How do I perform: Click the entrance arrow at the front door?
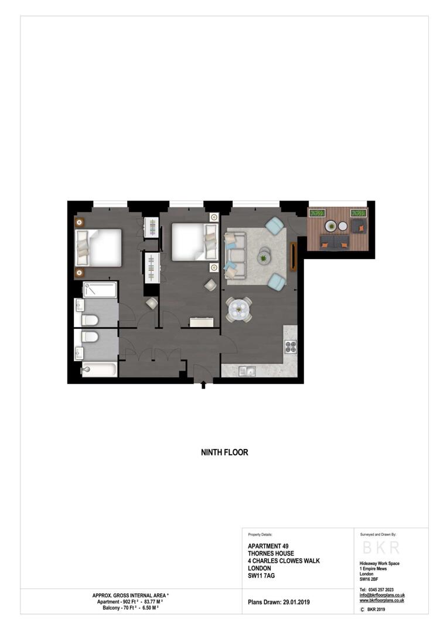[x=203, y=385]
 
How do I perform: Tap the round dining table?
[x=238, y=309]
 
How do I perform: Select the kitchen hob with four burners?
[x=291, y=346]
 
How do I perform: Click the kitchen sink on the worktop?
[x=246, y=370]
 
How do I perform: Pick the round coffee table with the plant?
[x=264, y=257]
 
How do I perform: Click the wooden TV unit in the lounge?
[x=294, y=256]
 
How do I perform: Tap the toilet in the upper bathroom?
[x=90, y=320]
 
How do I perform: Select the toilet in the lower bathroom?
[x=90, y=337]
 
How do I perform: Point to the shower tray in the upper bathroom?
[x=100, y=290]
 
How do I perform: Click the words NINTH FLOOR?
[x=224, y=452]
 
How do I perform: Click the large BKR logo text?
[x=381, y=547]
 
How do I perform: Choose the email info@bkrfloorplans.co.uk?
[x=381, y=595]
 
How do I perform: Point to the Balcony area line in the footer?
[x=131, y=609]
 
